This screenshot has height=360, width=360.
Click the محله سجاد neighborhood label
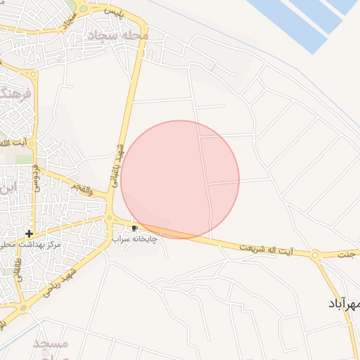[117, 34]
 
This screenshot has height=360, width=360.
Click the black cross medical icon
[29, 233]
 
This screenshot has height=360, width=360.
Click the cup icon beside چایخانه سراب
[134, 228]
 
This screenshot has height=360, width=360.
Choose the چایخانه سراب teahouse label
[135, 239]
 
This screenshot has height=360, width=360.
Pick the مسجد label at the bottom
[51, 345]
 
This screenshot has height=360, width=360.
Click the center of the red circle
[180, 179]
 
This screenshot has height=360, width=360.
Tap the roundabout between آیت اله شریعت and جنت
[316, 257]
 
